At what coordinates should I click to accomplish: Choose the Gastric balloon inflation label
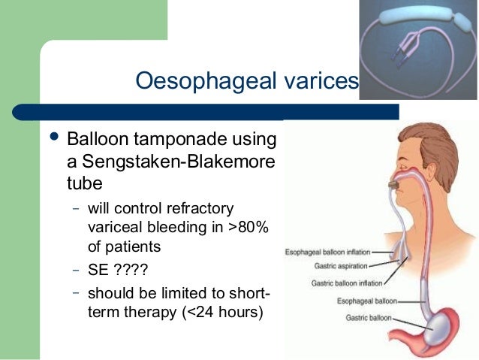tap(348, 283)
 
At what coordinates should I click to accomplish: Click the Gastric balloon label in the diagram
tap(368, 318)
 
